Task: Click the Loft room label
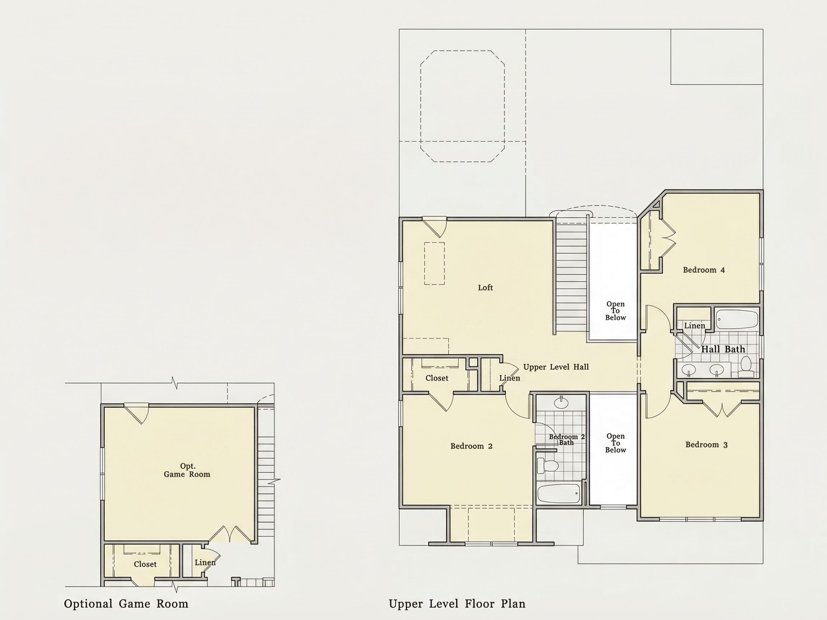[485, 287]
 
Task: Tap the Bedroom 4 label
[704, 270]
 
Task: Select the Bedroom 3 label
[706, 444]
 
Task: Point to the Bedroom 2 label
[471, 446]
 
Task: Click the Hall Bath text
[723, 349]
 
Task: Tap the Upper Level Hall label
[556, 367]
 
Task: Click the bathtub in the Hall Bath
[737, 319]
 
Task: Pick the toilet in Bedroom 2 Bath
[548, 466]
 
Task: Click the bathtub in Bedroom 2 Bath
[559, 493]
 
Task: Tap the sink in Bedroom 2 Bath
[561, 403]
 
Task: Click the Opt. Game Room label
[187, 470]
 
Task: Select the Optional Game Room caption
[126, 603]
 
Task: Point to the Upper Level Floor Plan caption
[457, 603]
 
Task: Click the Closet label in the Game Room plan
[145, 564]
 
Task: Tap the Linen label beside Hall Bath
[694, 325]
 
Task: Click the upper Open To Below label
[615, 311]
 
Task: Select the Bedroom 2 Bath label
[566, 440]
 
